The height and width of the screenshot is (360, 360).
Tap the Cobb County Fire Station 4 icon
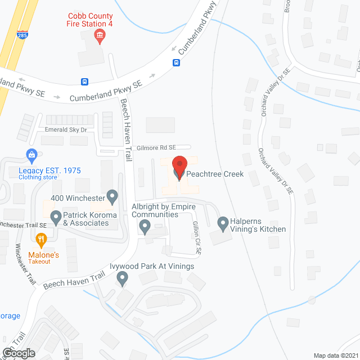(x=100, y=37)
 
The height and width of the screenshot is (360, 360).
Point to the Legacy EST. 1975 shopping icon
(x=31, y=154)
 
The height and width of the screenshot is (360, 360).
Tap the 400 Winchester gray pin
(x=112, y=196)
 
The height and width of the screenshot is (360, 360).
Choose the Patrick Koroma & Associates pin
(x=56, y=216)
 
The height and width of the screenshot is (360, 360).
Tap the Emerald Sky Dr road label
(x=66, y=130)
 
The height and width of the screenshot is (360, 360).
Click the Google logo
(x=19, y=353)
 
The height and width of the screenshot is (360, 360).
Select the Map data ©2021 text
(x=335, y=355)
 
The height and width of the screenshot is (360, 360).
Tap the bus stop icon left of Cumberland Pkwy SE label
(x=85, y=81)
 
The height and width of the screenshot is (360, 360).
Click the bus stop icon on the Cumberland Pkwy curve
(x=176, y=62)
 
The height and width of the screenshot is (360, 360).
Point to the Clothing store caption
(x=38, y=177)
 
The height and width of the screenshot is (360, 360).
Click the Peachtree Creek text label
(x=216, y=174)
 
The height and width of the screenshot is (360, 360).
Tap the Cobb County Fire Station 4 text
(x=100, y=21)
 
